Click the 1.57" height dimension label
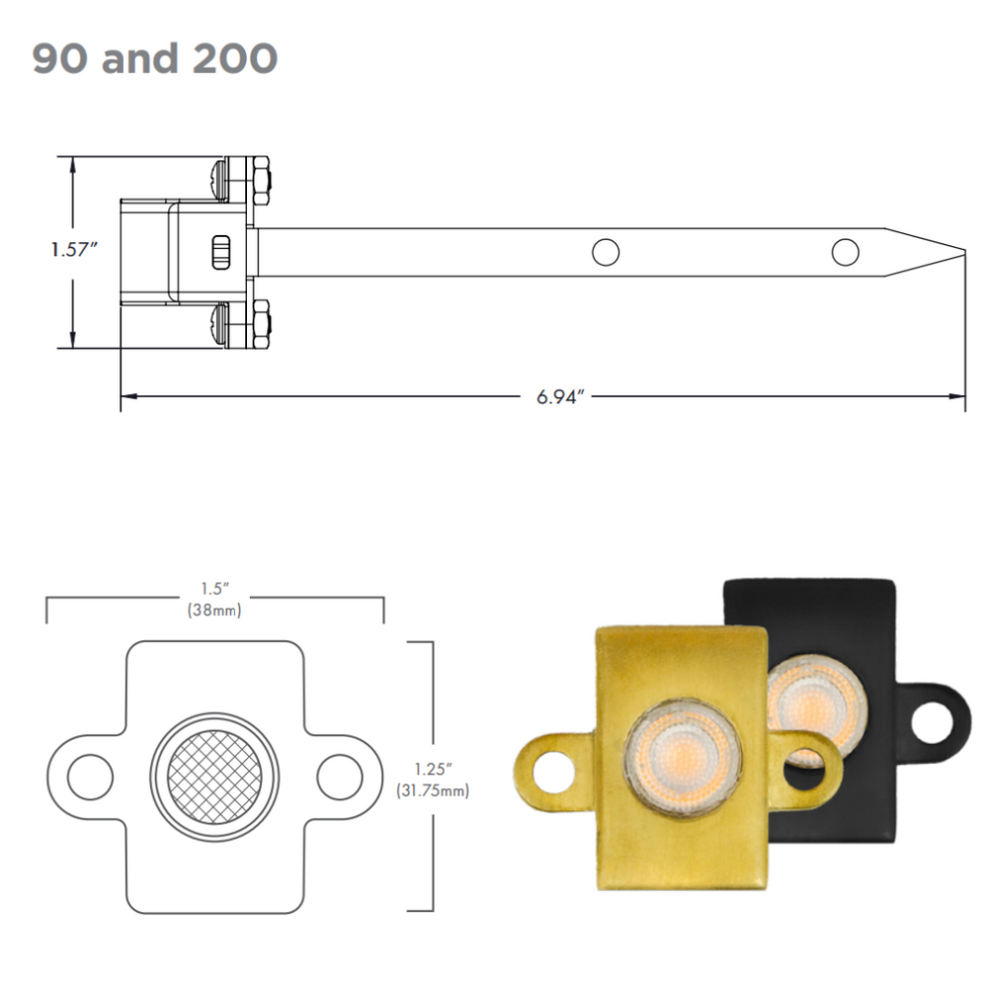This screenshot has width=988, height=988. pos(74,250)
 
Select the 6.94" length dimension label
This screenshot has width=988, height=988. pos(560,397)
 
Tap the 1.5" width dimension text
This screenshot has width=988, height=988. pos(214,589)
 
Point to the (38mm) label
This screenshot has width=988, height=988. pos(214,610)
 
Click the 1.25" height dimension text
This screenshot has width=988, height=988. pos(433,770)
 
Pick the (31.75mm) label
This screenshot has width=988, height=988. pos(433,790)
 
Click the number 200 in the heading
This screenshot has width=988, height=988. pos(235,58)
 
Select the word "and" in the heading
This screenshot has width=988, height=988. pos(140,58)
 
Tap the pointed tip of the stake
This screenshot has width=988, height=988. pos(964,252)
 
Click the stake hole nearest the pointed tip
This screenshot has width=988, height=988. pos(845,252)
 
